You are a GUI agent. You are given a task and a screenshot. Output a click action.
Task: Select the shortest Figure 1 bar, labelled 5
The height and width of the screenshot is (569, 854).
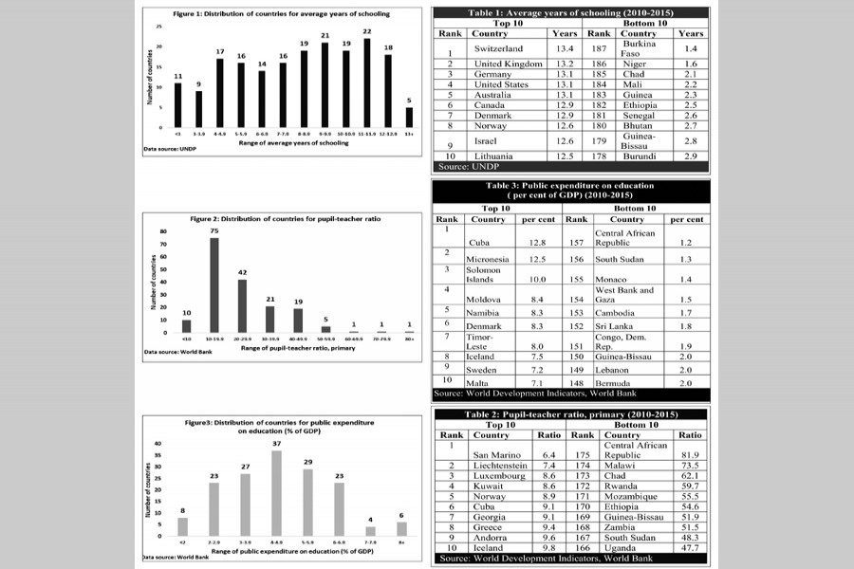point(410,117)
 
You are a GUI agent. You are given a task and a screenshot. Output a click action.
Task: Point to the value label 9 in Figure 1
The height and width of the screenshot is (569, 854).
point(199,83)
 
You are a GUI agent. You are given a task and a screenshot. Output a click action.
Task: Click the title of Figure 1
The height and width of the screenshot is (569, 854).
point(282,13)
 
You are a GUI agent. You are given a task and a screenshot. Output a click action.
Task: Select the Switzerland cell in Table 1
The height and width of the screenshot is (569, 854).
point(497,48)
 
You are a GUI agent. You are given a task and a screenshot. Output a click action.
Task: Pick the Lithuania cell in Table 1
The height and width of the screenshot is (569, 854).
point(493,156)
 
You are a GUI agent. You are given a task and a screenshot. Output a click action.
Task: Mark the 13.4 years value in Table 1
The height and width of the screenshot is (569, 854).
point(565,48)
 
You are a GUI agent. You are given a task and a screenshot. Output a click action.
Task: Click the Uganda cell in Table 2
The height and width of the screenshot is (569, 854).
point(621,548)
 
